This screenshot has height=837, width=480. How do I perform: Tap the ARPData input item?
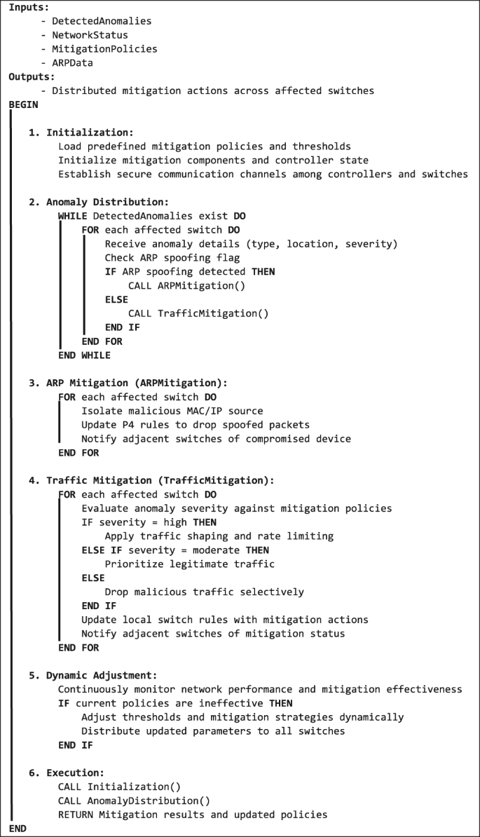pyautogui.click(x=72, y=63)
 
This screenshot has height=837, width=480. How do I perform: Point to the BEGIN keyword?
pyautogui.click(x=23, y=104)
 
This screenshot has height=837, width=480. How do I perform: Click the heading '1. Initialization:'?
pyautogui.click(x=81, y=132)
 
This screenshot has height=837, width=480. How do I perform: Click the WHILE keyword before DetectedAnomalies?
pyautogui.click(x=72, y=216)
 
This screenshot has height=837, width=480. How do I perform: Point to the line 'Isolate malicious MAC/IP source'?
pyautogui.click(x=172, y=411)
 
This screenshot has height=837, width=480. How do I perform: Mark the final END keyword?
pyautogui.click(x=17, y=829)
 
